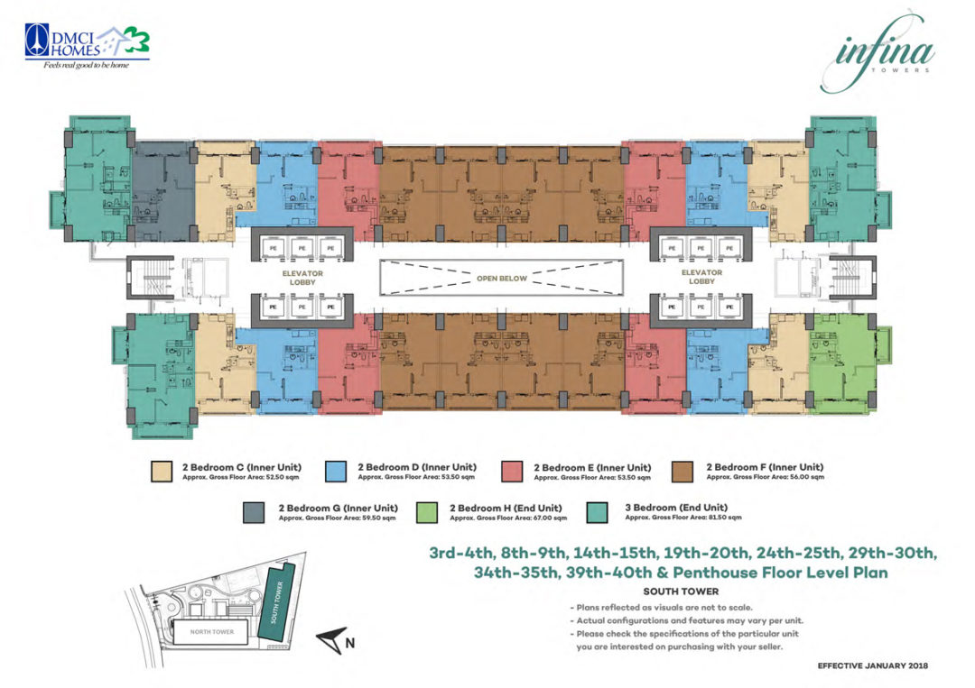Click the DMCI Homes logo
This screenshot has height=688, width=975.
87,45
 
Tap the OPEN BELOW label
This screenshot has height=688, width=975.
501,279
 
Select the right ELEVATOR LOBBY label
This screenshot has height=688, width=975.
701,277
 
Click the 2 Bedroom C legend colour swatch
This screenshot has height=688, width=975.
162,472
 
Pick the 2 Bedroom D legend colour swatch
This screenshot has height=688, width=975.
338,472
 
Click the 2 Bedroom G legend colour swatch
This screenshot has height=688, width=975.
256,512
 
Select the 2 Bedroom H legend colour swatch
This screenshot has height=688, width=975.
427,512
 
